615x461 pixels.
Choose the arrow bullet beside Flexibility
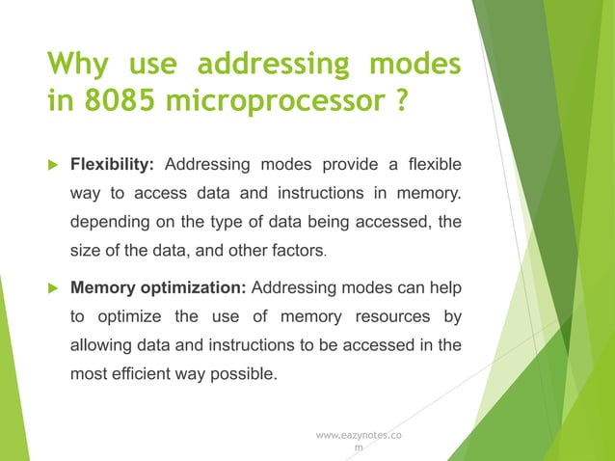(53, 160)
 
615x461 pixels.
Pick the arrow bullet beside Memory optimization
(53, 286)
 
